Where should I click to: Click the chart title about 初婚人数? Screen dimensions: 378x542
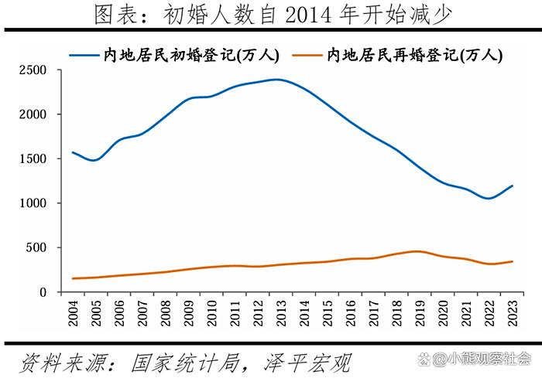point(271,14)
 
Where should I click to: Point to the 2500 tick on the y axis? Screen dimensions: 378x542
point(33,70)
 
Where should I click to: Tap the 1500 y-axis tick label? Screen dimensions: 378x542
point(33,159)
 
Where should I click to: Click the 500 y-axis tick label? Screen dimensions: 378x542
point(36,248)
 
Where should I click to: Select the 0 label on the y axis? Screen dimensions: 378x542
point(43,292)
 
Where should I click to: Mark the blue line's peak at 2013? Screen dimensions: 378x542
point(278,80)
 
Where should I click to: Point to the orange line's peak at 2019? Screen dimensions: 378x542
point(418,251)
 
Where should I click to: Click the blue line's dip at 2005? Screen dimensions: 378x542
point(95,160)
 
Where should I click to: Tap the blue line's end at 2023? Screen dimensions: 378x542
point(512,186)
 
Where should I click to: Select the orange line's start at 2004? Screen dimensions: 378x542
point(73,278)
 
